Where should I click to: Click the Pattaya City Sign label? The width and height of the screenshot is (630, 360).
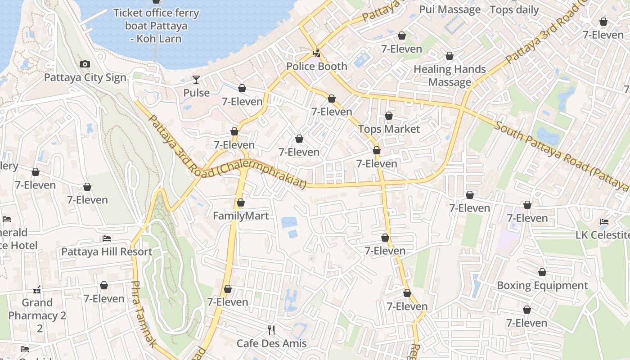point(85,77)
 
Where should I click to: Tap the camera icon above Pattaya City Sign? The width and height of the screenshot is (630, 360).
point(85,64)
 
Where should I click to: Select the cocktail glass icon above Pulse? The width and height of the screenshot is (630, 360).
point(196,80)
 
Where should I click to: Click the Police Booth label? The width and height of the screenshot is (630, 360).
point(317,66)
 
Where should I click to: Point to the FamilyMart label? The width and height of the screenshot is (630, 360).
point(241,216)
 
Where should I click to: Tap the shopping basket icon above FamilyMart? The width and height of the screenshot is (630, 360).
point(241,203)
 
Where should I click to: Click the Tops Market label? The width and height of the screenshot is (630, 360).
point(389,129)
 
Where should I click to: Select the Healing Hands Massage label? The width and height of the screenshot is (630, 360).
point(450,76)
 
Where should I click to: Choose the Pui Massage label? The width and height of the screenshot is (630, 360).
point(450,9)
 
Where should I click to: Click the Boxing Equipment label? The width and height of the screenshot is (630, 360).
point(542,285)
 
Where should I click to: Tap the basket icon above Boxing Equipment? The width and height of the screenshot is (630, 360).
point(542,272)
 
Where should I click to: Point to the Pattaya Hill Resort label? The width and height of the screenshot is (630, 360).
point(107,251)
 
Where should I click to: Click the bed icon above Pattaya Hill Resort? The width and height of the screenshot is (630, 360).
point(107,238)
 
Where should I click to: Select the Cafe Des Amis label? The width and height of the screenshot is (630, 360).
point(271,343)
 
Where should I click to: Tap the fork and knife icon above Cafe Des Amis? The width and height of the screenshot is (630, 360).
point(271,330)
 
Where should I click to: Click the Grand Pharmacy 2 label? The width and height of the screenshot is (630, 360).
point(37,309)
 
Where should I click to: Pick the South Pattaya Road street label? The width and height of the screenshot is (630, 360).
point(560,155)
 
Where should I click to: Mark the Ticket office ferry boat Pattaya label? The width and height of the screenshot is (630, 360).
point(156,25)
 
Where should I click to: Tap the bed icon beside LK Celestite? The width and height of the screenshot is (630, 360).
point(604,222)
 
